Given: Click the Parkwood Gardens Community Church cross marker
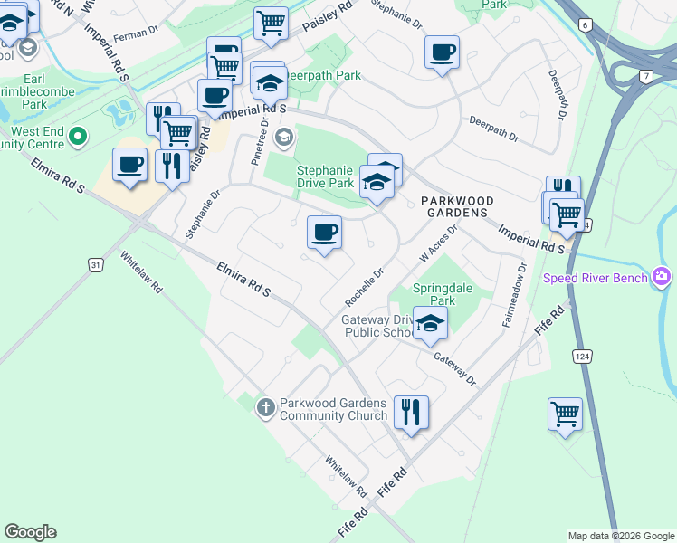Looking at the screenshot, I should coord(265,407).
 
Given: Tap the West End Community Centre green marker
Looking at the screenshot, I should coord(78,138).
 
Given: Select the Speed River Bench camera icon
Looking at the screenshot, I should coord(662,276).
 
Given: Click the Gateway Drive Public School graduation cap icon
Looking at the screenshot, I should coord(431,322).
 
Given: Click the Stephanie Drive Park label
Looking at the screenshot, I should coord(325,176).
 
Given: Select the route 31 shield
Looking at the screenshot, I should coord(97,264).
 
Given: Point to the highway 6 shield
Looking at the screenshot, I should coord(586,25).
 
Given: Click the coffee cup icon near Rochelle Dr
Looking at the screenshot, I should coord(324,233).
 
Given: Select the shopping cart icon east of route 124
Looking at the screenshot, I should coord(565,414).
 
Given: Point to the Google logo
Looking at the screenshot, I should coord(30,532).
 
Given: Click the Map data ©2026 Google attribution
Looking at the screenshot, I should coord(620,536).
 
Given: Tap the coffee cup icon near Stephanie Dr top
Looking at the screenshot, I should coord(442,52).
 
